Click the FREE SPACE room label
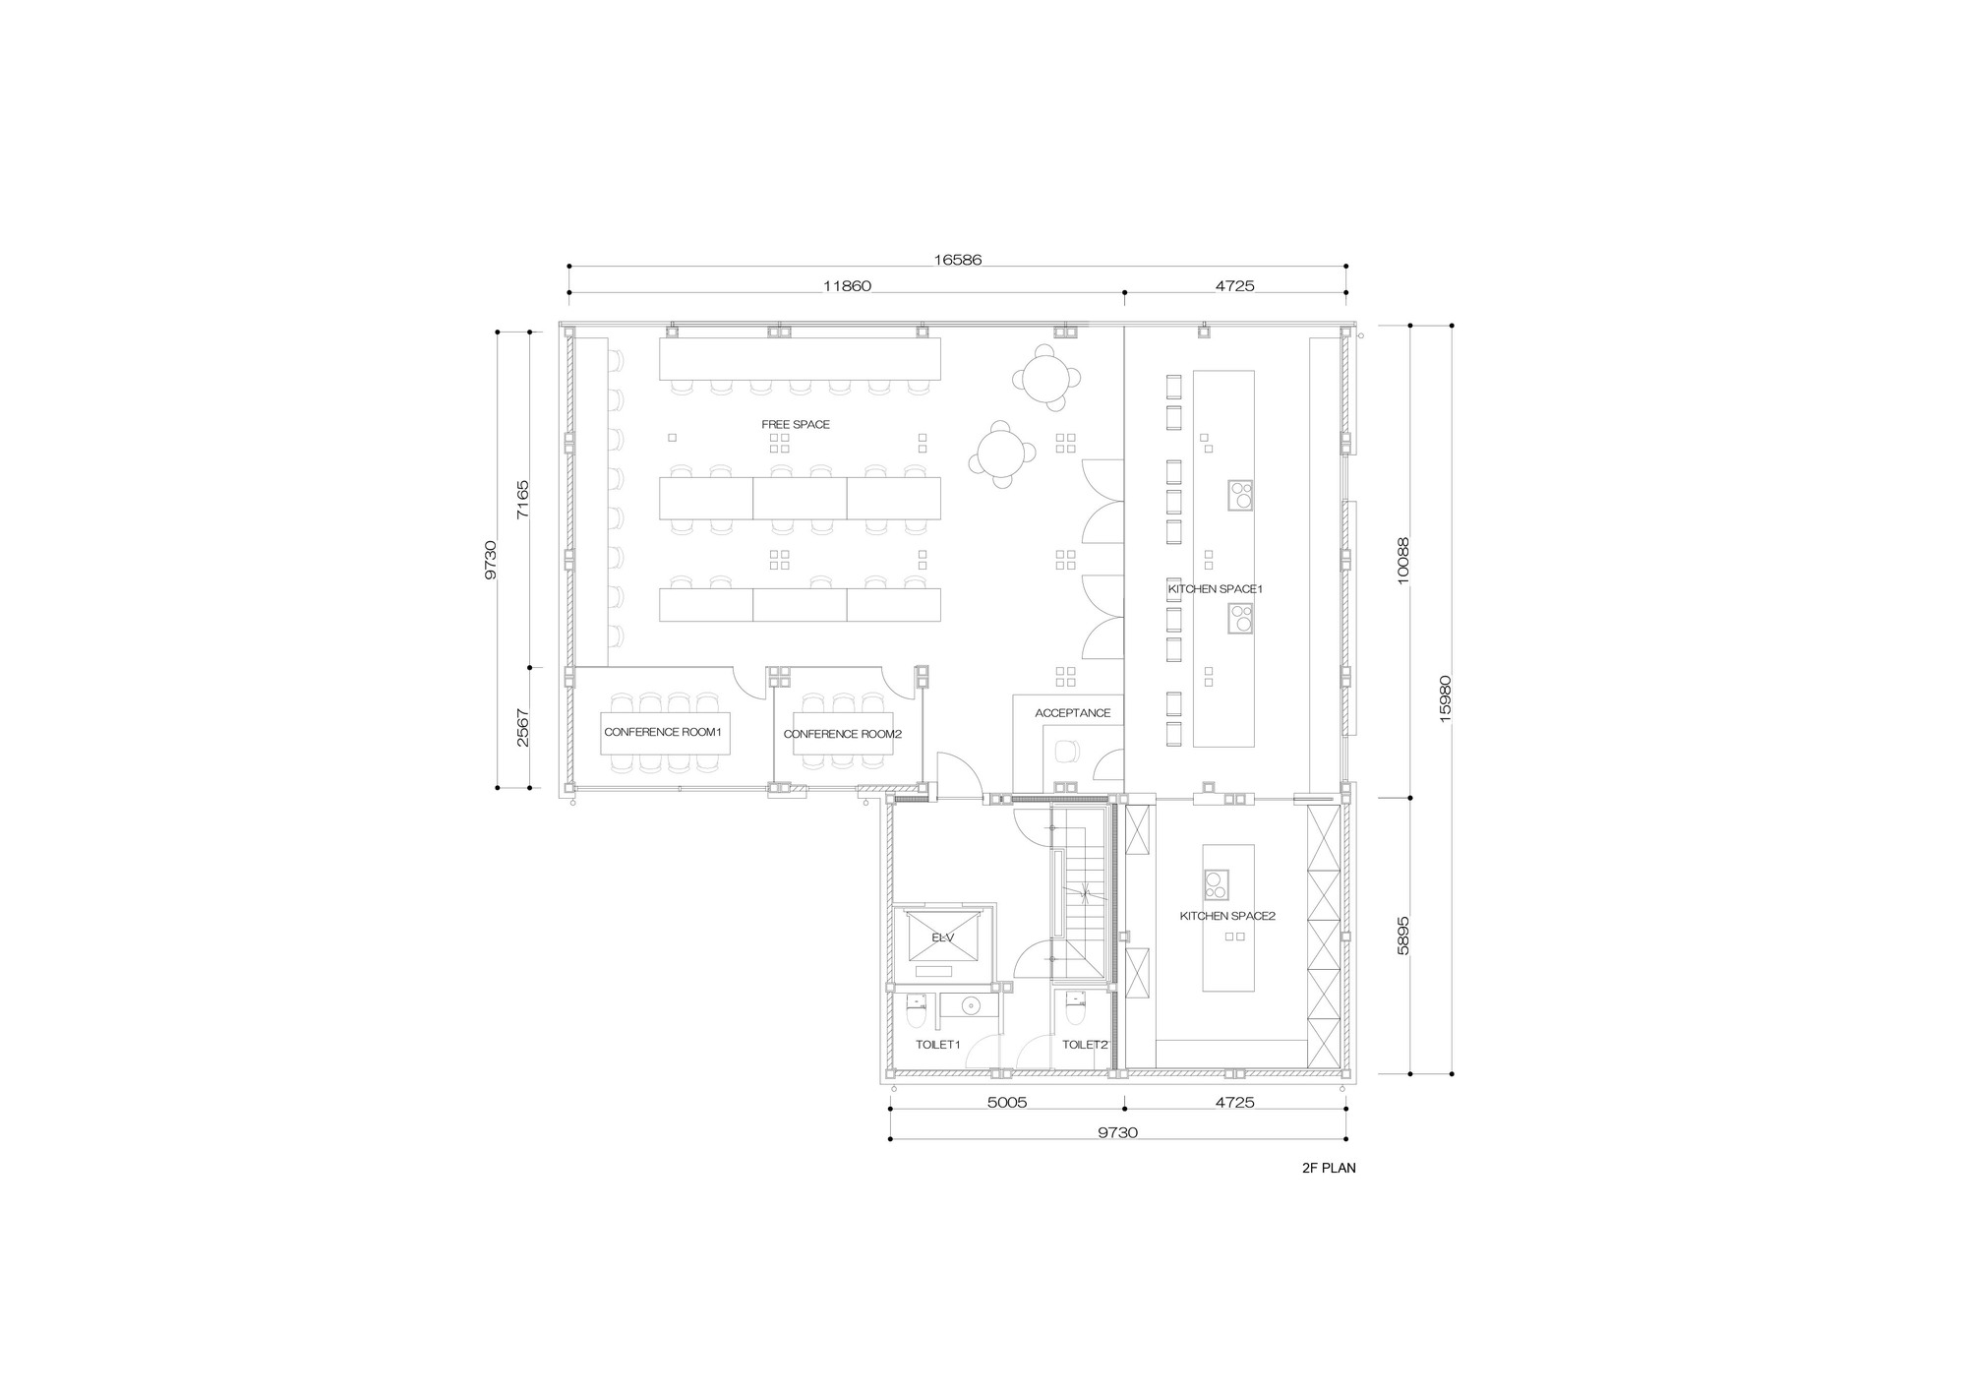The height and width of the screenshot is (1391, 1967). (795, 425)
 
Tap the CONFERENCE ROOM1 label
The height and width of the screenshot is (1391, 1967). (663, 733)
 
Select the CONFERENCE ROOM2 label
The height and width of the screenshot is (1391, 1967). (842, 734)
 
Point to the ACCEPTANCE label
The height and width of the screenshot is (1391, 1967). (1072, 713)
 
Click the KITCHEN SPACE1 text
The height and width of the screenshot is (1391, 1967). (1215, 589)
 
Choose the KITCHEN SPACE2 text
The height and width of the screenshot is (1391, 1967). (1227, 916)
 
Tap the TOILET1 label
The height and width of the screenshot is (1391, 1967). (937, 1045)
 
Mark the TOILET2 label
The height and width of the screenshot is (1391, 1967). (1085, 1045)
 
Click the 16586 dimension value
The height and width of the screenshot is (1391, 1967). (957, 261)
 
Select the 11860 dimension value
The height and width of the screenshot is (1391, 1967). (847, 286)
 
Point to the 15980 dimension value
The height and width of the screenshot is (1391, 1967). (1445, 699)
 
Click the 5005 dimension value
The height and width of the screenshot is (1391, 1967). (1006, 1103)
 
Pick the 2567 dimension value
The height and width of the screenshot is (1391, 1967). (523, 728)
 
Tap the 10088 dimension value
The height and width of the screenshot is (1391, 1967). (1403, 561)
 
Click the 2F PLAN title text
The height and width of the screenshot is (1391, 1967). (1328, 1169)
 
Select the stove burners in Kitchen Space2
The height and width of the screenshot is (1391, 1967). (1216, 885)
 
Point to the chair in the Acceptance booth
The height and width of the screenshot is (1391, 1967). (1066, 752)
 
